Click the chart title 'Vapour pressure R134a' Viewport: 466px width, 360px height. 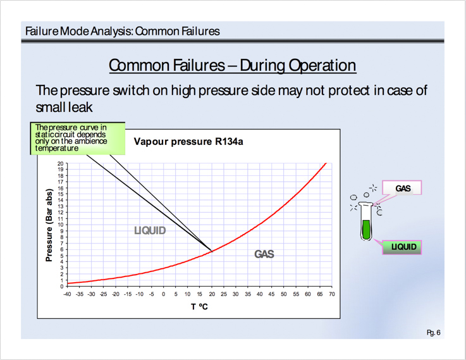[x=188, y=142]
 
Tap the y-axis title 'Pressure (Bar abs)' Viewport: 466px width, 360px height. [x=49, y=225]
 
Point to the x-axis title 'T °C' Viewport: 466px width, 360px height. [x=199, y=306]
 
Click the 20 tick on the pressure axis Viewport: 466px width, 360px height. [x=61, y=163]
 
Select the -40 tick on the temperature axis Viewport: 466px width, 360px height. [x=67, y=294]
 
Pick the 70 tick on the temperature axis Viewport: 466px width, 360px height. [x=332, y=294]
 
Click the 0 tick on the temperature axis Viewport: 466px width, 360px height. [x=164, y=294]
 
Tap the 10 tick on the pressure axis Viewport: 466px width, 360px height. [x=61, y=225]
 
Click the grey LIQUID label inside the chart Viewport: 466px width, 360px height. [x=150, y=230]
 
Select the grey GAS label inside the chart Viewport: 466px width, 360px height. [x=264, y=254]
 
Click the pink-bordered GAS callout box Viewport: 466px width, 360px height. [x=402, y=188]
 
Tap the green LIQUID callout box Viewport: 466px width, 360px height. [x=402, y=247]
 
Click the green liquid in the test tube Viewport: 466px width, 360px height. [x=366, y=230]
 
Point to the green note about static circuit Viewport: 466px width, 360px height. [x=78, y=138]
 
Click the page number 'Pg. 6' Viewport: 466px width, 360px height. [x=434, y=332]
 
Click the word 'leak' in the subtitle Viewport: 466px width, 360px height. [x=80, y=107]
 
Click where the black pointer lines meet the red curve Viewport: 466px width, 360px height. [x=212, y=252]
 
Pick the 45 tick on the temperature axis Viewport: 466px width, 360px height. [x=271, y=294]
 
